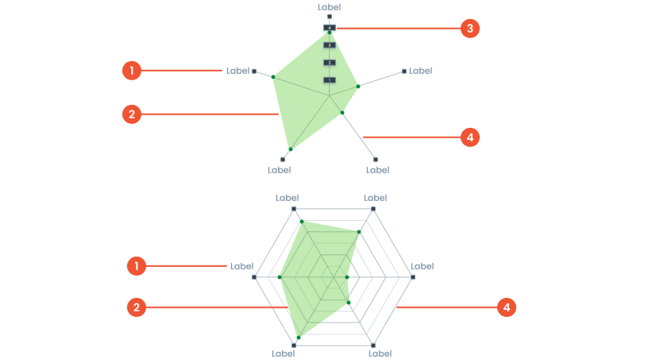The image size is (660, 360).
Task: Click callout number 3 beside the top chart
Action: coord(470,29)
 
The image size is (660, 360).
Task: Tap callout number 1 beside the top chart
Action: coord(132,71)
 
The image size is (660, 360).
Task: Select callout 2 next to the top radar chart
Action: coord(132,114)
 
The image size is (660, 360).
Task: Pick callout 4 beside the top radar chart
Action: coord(470,137)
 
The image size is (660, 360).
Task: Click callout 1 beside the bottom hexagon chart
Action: coord(137,266)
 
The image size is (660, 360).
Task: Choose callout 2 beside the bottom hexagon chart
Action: coord(137,308)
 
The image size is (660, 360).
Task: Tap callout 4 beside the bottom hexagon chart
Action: coord(507,308)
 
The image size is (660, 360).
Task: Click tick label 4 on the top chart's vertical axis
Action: coord(329,28)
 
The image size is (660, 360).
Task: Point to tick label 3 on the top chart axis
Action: coord(330,45)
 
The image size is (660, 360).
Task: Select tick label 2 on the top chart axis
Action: coord(330,63)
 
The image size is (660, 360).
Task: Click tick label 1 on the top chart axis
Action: coord(330,80)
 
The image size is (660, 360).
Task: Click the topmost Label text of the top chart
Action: coord(329,6)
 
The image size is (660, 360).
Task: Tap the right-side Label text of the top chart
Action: coord(420,71)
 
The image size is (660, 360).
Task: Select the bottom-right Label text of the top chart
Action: coord(377,170)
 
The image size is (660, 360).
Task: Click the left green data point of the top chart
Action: coord(273,76)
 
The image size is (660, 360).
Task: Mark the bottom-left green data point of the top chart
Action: coord(291,149)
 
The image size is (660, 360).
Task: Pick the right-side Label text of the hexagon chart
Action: coord(422,266)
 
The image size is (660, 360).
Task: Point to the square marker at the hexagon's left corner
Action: coord(254,277)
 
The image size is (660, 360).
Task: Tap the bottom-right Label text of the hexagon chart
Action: coord(380,354)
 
